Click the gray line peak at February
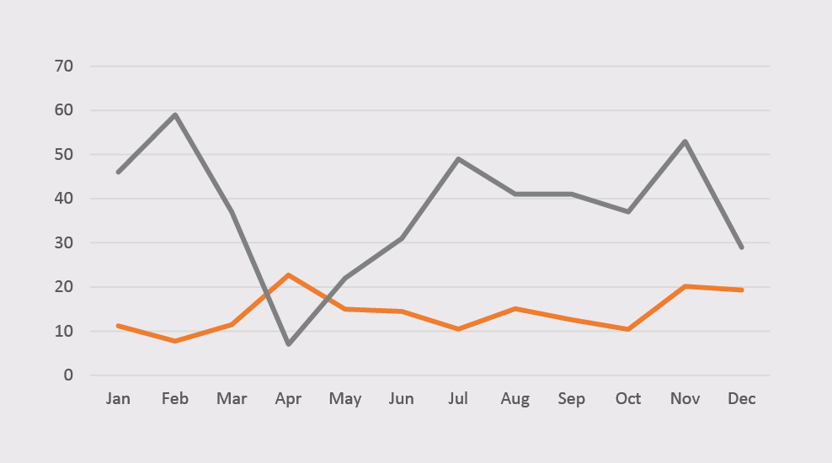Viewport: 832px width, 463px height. (175, 114)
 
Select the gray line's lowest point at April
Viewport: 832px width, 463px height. (289, 343)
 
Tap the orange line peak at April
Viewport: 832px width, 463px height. (289, 274)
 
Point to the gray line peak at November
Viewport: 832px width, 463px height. (685, 141)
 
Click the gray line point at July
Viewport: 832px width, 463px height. (459, 159)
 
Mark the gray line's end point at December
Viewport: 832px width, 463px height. (742, 247)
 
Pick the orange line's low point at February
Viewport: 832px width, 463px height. (175, 341)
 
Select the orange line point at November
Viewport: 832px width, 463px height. (685, 286)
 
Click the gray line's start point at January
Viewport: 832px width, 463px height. (119, 172)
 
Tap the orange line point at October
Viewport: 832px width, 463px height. (628, 329)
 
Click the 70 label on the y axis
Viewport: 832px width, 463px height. (64, 66)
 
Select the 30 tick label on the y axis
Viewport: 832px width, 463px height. (64, 242)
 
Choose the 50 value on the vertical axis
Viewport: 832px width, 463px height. (64, 154)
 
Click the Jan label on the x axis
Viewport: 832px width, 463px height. (119, 399)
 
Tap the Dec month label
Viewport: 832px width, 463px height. (742, 399)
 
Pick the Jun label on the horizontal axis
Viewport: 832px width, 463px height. (402, 399)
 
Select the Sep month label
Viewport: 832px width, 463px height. (572, 399)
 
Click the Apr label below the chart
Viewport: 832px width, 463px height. (289, 399)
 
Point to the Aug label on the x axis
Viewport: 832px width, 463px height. (515, 399)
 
